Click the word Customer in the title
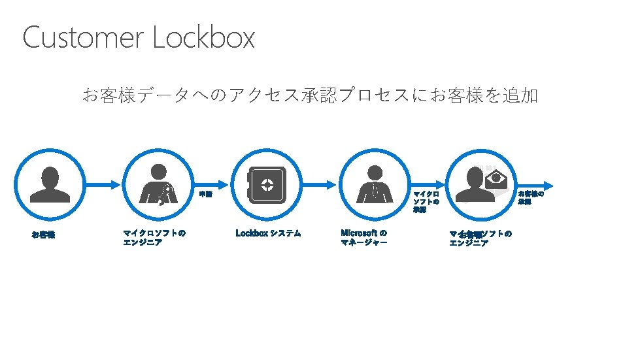click(x=84, y=38)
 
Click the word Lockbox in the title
click(x=203, y=38)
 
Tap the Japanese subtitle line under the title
click(x=309, y=96)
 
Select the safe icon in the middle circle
click(x=266, y=185)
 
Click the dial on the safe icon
click(x=267, y=184)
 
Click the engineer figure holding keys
click(x=155, y=184)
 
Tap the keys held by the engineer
click(x=164, y=193)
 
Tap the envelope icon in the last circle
click(x=500, y=178)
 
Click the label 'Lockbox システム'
click(x=268, y=233)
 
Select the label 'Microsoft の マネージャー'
click(x=364, y=237)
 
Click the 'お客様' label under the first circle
click(x=43, y=235)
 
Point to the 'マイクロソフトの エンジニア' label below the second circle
click(x=154, y=237)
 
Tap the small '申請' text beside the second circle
click(x=205, y=194)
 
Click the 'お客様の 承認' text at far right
click(x=531, y=197)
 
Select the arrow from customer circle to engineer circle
click(x=103, y=184)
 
